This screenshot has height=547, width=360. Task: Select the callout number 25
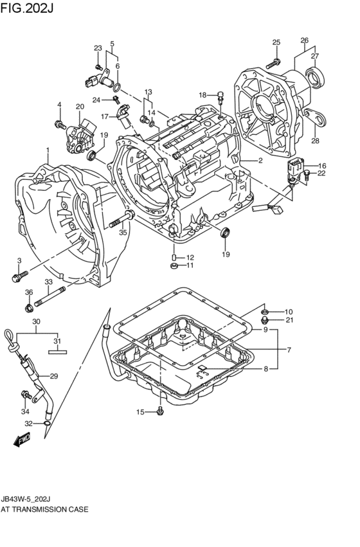(x=276, y=42)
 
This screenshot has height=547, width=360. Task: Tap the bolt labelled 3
(x=17, y=277)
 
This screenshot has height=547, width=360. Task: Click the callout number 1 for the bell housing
(x=47, y=150)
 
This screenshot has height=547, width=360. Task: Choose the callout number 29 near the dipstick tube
(x=54, y=376)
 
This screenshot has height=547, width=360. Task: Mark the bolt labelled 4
(x=60, y=123)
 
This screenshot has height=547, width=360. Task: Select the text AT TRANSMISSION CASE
(x=45, y=508)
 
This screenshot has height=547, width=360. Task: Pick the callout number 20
(x=80, y=107)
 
